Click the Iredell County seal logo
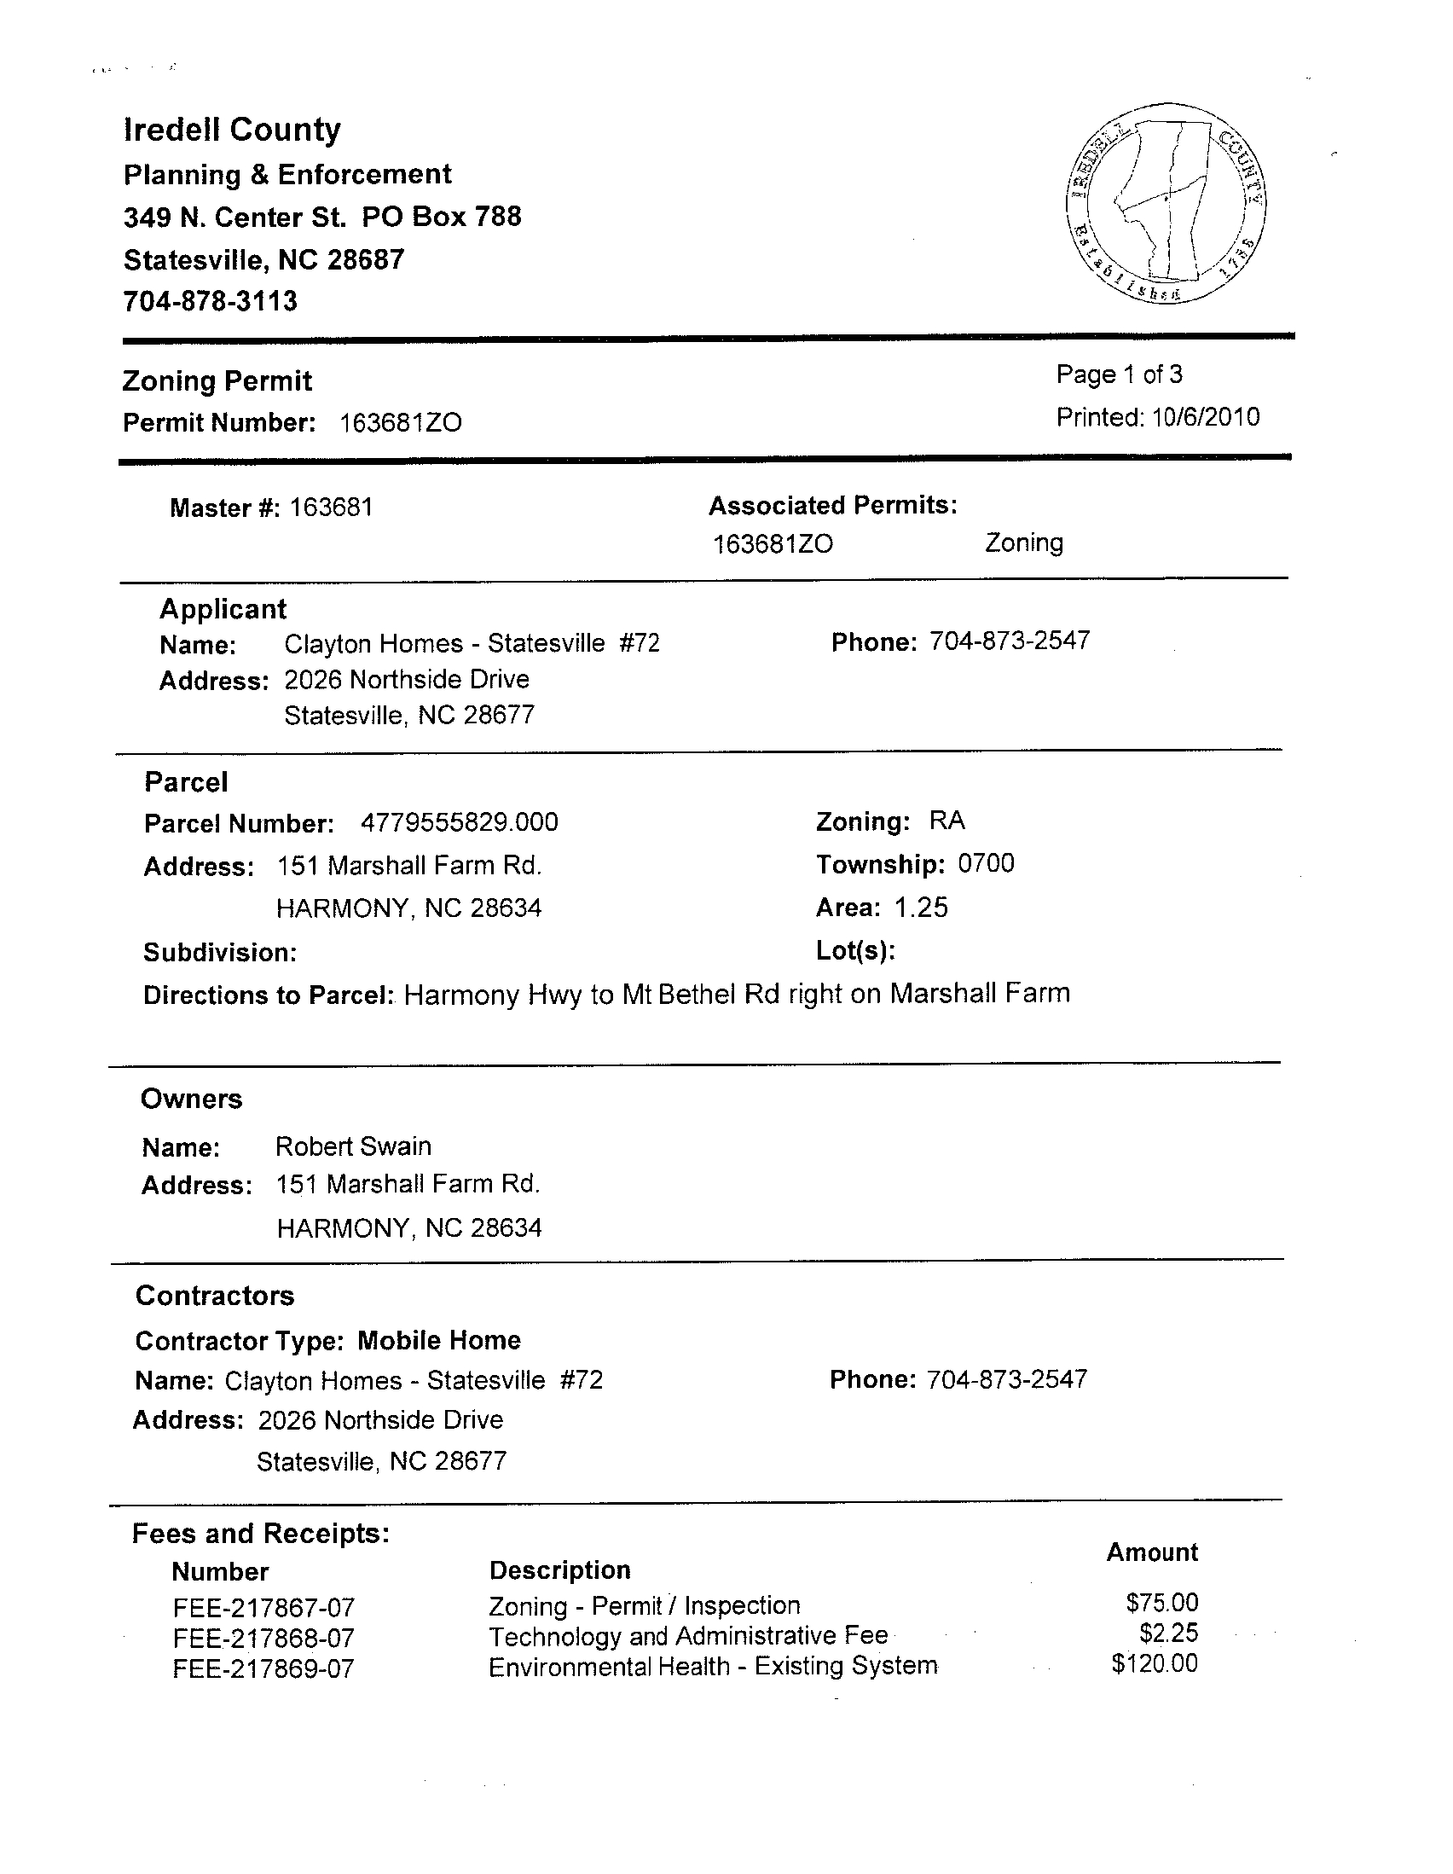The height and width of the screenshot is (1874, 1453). point(1166,202)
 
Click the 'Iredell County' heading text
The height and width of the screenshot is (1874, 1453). point(232,130)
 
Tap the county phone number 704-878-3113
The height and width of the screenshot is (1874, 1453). point(210,301)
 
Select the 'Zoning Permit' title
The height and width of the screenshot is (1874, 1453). point(217,381)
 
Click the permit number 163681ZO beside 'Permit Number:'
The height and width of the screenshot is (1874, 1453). point(401,423)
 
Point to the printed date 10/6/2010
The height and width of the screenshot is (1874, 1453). point(1205,417)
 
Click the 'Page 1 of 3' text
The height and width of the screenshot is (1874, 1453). point(1119,374)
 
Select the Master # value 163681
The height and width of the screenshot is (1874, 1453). point(331,508)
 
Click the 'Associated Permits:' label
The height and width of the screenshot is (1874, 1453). point(832,506)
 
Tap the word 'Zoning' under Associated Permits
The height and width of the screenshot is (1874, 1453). point(1023,542)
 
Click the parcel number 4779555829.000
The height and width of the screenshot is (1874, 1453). point(459,822)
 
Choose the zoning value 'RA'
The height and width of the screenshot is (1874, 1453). point(947,821)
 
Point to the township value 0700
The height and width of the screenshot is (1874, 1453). point(986,863)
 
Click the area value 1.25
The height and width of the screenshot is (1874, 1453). point(921,908)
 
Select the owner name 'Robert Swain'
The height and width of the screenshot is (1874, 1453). point(352,1146)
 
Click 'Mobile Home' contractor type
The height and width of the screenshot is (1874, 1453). point(438,1340)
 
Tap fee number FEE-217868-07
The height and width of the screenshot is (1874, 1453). point(263,1638)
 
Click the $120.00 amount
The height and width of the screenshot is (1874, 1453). point(1154,1664)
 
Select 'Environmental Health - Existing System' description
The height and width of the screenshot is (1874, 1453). point(712,1667)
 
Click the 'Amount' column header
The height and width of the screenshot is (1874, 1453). point(1151,1552)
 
